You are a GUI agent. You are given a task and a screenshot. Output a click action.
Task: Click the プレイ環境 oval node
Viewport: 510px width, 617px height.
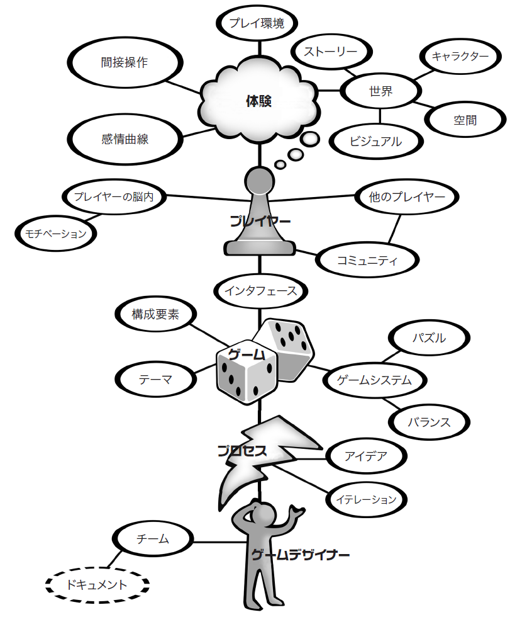click(257, 24)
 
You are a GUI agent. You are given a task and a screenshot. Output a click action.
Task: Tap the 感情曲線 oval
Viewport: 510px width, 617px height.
click(125, 139)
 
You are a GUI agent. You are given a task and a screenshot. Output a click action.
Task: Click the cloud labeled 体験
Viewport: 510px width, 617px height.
click(258, 101)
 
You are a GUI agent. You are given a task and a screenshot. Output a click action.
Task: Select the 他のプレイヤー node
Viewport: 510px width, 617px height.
click(407, 197)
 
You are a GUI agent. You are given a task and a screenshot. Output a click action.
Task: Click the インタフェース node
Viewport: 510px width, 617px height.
click(260, 292)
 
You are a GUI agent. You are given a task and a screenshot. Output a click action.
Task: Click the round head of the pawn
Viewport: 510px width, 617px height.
click(258, 181)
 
